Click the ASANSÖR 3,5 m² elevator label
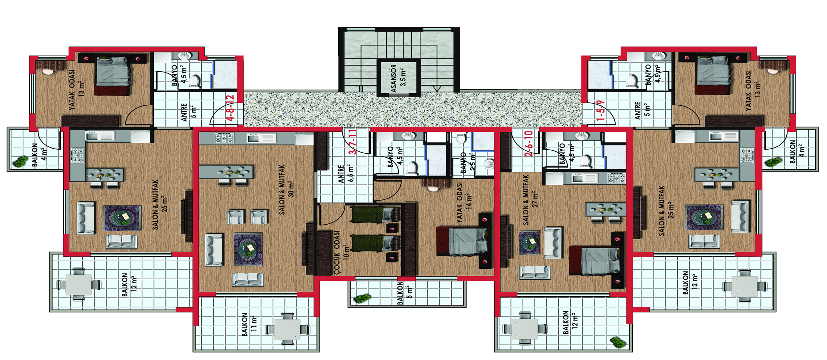coord(398,78)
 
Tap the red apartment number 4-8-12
coord(230,108)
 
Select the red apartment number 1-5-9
coord(600,110)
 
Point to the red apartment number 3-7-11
coord(352,142)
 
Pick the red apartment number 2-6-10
coord(528,143)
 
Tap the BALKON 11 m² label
coord(249,324)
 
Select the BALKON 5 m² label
coord(405,293)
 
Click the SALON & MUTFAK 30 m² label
coord(287,190)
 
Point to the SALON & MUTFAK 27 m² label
coord(530,199)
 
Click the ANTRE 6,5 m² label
coord(346,173)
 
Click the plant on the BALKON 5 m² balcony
coord(362,299)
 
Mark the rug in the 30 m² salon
coord(248,250)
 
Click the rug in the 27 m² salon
coord(529,242)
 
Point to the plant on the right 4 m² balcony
coord(773,162)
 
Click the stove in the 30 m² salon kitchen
coord(224,138)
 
